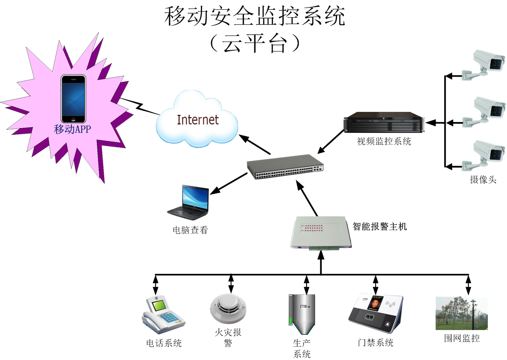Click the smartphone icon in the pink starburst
click(73, 99)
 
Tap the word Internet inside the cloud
click(198, 120)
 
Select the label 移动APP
click(73, 129)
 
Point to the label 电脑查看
click(190, 230)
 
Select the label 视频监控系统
click(384, 141)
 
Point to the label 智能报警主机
click(379, 227)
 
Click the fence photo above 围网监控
click(461, 313)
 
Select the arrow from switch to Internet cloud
click(255, 145)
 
